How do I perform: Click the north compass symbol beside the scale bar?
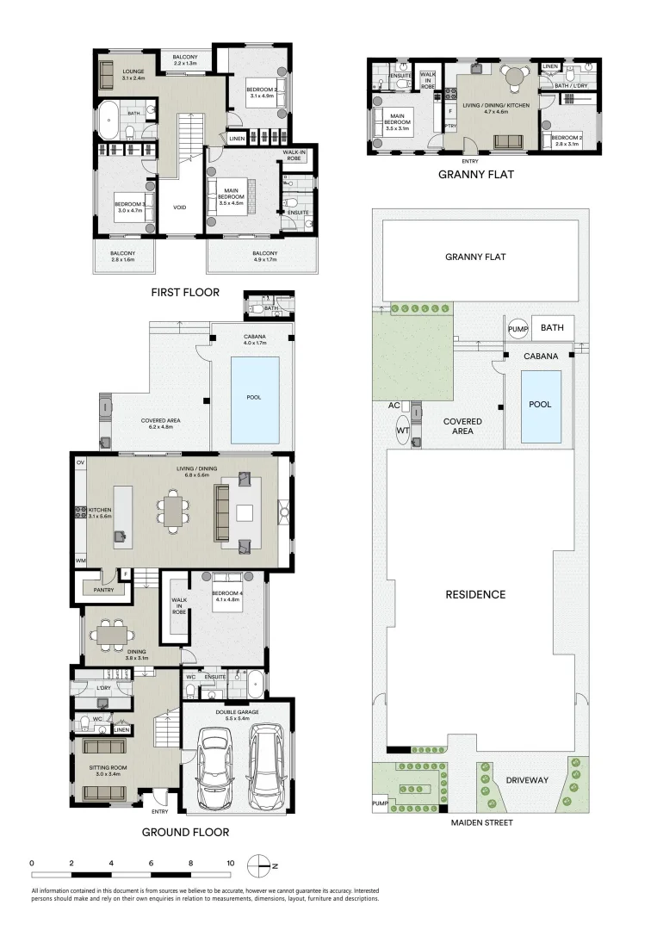click(x=263, y=865)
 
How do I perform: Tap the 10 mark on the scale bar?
click(x=230, y=862)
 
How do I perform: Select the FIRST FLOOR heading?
click(x=185, y=292)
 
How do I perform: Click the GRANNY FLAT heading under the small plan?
click(x=475, y=174)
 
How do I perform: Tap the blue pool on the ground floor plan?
click(x=255, y=397)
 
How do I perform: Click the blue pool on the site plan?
click(x=541, y=406)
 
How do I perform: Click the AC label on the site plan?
click(x=394, y=405)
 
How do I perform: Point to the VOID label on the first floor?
click(x=179, y=207)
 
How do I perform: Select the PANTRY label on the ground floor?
click(x=103, y=590)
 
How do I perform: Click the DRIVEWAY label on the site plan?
click(x=527, y=780)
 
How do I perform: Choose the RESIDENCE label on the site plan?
click(x=474, y=594)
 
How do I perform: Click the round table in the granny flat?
click(x=513, y=77)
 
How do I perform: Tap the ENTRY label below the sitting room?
click(x=160, y=811)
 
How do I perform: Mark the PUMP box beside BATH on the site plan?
click(x=517, y=328)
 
